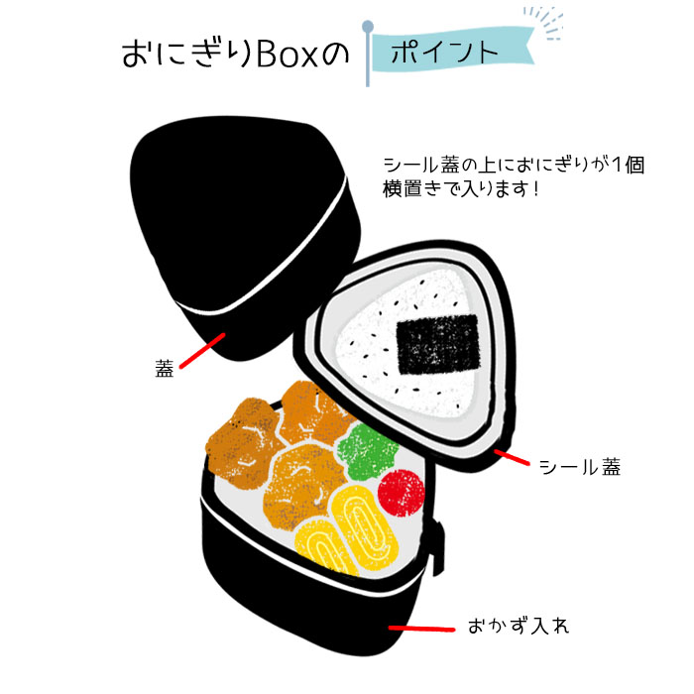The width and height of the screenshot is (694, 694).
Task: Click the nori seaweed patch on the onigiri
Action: pyautogui.click(x=438, y=344)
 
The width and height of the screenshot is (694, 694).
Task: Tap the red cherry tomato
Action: pyautogui.click(x=402, y=493)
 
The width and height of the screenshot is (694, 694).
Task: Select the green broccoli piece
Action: pyautogui.click(x=368, y=450)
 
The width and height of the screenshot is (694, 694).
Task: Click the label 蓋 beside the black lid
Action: pyautogui.click(x=165, y=368)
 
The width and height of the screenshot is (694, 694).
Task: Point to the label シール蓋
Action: pyautogui.click(x=580, y=467)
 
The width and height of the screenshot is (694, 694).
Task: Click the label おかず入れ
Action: pyautogui.click(x=519, y=626)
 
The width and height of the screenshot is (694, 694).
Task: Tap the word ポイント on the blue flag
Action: pyautogui.click(x=445, y=53)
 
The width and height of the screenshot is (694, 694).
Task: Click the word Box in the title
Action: pyautogui.click(x=288, y=55)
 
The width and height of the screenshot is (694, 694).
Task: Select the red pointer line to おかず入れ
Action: pyautogui.click(x=421, y=629)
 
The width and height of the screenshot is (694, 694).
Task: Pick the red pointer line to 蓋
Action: pyautogui.click(x=202, y=351)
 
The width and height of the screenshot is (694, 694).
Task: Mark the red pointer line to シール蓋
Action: pyautogui.click(x=512, y=457)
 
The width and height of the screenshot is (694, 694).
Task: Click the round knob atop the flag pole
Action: pyautogui.click(x=368, y=27)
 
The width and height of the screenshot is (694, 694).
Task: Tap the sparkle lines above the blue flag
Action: pyautogui.click(x=544, y=22)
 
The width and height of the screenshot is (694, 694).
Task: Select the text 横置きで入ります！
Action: pyautogui.click(x=461, y=189)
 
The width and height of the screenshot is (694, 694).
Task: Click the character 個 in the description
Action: pyautogui.click(x=635, y=165)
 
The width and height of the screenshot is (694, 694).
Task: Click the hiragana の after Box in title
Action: pyautogui.click(x=335, y=55)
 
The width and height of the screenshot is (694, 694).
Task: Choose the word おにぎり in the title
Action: pyautogui.click(x=187, y=55)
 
